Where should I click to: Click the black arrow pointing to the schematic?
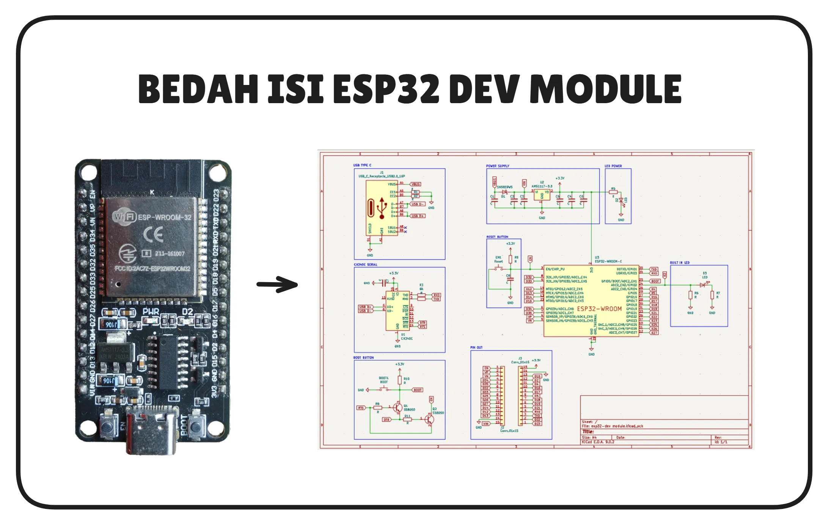coord(277,284)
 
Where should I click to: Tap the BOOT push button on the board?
coord(196,426)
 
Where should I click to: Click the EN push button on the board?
coord(107,426)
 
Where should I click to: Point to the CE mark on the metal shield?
coord(153,234)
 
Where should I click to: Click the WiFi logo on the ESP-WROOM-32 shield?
coord(124,217)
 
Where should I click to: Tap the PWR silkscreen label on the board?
coord(151,312)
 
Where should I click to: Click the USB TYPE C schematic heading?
coord(362,165)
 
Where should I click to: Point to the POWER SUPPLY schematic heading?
coord(498,166)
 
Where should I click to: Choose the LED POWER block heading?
coord(613,166)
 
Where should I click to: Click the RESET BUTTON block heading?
coord(497,237)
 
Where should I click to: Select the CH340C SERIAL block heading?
coord(366,265)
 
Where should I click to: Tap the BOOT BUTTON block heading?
coord(363,358)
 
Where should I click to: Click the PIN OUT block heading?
coord(476,347)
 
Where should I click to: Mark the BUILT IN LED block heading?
coord(680,262)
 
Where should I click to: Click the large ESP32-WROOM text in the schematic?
coord(599,309)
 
